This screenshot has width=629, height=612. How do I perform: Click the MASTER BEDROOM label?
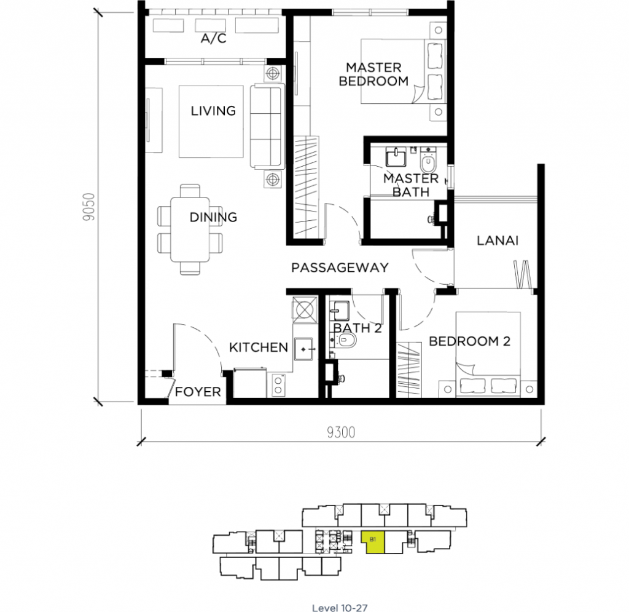click(373, 74)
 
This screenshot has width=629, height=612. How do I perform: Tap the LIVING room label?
click(213, 111)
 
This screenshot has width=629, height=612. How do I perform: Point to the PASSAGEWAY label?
click(340, 268)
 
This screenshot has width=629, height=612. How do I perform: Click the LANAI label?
click(497, 240)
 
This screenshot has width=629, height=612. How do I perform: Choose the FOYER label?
click(198, 392)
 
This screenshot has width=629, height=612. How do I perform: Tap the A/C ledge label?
click(213, 39)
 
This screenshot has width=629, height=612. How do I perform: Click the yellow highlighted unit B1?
click(375, 542)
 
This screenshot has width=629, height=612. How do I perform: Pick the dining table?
click(191, 228)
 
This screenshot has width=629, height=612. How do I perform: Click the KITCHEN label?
click(258, 348)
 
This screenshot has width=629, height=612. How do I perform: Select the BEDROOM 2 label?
click(469, 341)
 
